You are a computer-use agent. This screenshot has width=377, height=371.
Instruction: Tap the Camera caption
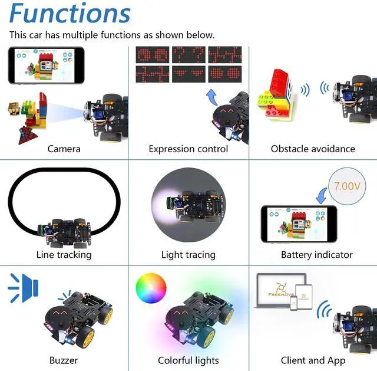[64, 149]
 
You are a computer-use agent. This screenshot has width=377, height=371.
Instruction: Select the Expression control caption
[188, 149]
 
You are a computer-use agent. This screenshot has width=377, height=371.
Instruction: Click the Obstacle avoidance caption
[313, 149]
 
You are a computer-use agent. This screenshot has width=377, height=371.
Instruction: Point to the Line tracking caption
[64, 255]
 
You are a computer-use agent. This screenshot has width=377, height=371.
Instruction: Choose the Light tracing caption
[188, 255]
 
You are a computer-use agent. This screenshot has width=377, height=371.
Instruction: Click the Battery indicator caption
[316, 255]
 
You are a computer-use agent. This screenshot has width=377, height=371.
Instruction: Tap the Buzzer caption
[64, 360]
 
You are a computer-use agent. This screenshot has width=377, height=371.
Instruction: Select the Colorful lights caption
[188, 360]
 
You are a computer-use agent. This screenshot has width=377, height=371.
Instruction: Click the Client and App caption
[313, 360]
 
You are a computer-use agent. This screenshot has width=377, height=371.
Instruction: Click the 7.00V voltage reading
[347, 186]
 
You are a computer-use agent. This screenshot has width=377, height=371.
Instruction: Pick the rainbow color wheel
[151, 290]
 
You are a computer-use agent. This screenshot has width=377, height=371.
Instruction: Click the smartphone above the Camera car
[46, 65]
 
